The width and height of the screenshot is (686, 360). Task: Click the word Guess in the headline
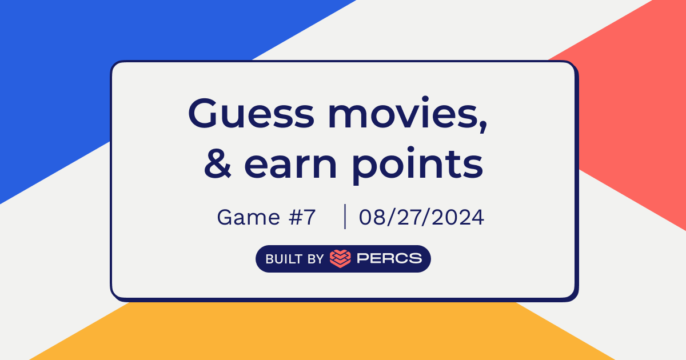[252, 113]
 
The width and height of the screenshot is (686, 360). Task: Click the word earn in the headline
[290, 166]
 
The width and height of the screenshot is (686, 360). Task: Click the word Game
[248, 217]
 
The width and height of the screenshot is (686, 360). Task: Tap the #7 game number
[302, 217]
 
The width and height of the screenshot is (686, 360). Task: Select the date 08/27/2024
[421, 217]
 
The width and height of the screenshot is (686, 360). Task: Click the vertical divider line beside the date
[345, 217]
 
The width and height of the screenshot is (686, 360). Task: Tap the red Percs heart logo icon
[340, 259]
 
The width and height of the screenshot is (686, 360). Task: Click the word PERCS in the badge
[389, 258]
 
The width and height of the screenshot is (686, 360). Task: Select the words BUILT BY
[294, 259]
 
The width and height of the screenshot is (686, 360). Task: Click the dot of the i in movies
[425, 99]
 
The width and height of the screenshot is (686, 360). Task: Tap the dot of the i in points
[410, 150]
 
